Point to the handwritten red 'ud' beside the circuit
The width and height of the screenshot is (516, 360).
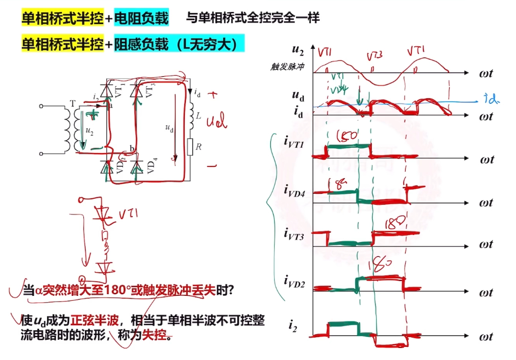[x=216, y=121]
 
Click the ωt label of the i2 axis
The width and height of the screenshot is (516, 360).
[x=485, y=336]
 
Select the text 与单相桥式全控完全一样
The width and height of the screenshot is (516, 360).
[x=252, y=19]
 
